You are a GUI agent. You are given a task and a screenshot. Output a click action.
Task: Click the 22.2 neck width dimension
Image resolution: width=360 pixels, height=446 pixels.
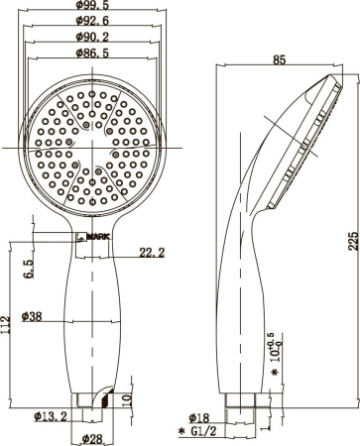tap(151, 253)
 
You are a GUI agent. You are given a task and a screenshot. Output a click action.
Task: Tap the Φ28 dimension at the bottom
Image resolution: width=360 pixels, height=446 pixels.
tap(91, 438)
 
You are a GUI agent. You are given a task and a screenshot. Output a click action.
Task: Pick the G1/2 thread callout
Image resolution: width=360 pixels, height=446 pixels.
tap(204, 433)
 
